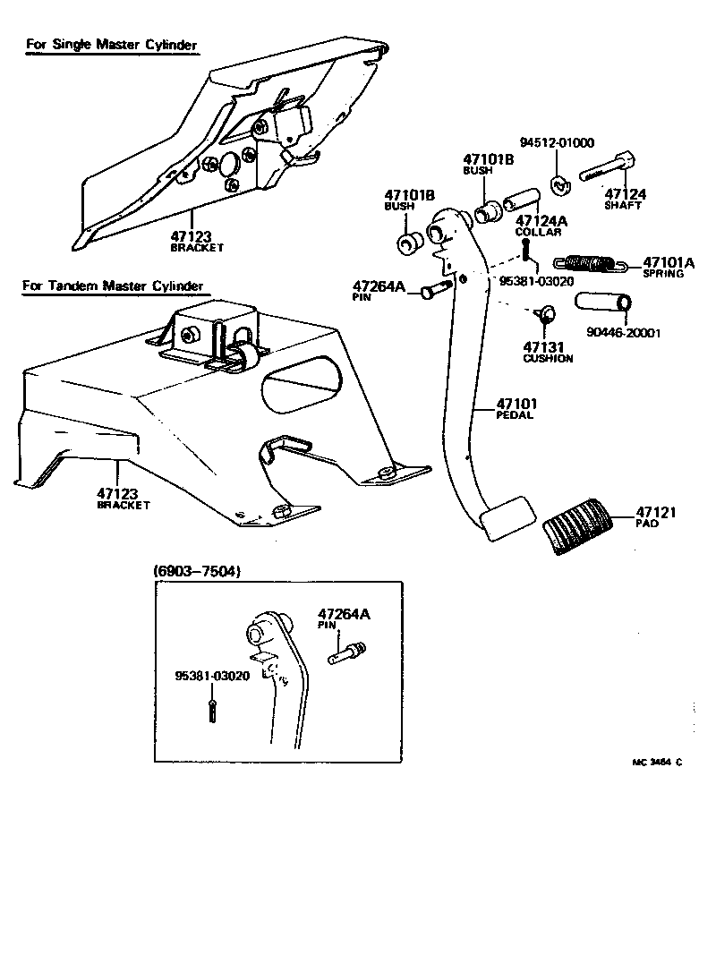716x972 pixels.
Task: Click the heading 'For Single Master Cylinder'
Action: (111, 45)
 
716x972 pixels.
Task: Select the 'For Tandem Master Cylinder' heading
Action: (114, 286)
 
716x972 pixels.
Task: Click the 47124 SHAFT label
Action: (625, 198)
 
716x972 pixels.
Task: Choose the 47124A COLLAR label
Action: (538, 226)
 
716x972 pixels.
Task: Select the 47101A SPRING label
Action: (668, 267)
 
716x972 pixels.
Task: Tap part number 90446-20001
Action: (624, 333)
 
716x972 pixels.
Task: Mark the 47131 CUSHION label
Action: (548, 353)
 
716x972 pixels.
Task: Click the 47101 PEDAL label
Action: (514, 410)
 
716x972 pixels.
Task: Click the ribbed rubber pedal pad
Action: (575, 531)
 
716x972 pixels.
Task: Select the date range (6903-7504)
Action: (196, 571)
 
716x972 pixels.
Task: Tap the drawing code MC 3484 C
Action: (657, 763)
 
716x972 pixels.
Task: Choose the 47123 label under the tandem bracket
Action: (124, 499)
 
